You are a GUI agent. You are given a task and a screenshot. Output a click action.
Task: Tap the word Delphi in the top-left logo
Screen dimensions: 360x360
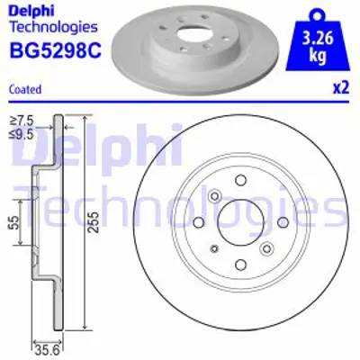tap(29, 9)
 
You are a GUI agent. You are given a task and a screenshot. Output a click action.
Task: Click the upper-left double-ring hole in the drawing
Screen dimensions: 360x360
tap(215, 195)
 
